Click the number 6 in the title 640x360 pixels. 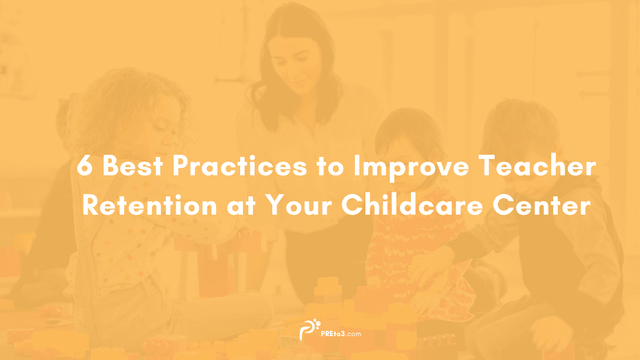[x=84, y=166]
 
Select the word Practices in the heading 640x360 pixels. [x=240, y=166]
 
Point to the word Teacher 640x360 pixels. [x=537, y=166]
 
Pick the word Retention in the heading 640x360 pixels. [x=149, y=205]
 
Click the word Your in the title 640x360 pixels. [x=298, y=205]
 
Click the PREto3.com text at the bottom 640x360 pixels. [x=341, y=333]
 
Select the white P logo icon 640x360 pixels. [x=309, y=330]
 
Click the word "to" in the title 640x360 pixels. [x=330, y=166]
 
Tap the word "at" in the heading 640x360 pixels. [x=241, y=206]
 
